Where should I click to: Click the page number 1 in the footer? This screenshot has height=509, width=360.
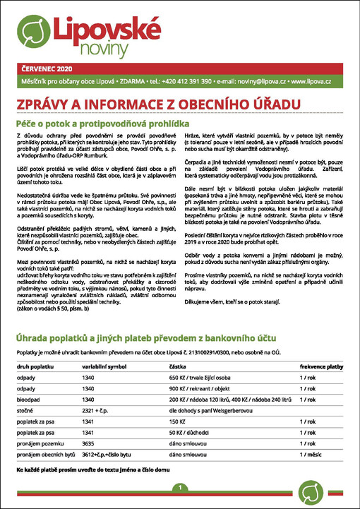pos(181,488)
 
